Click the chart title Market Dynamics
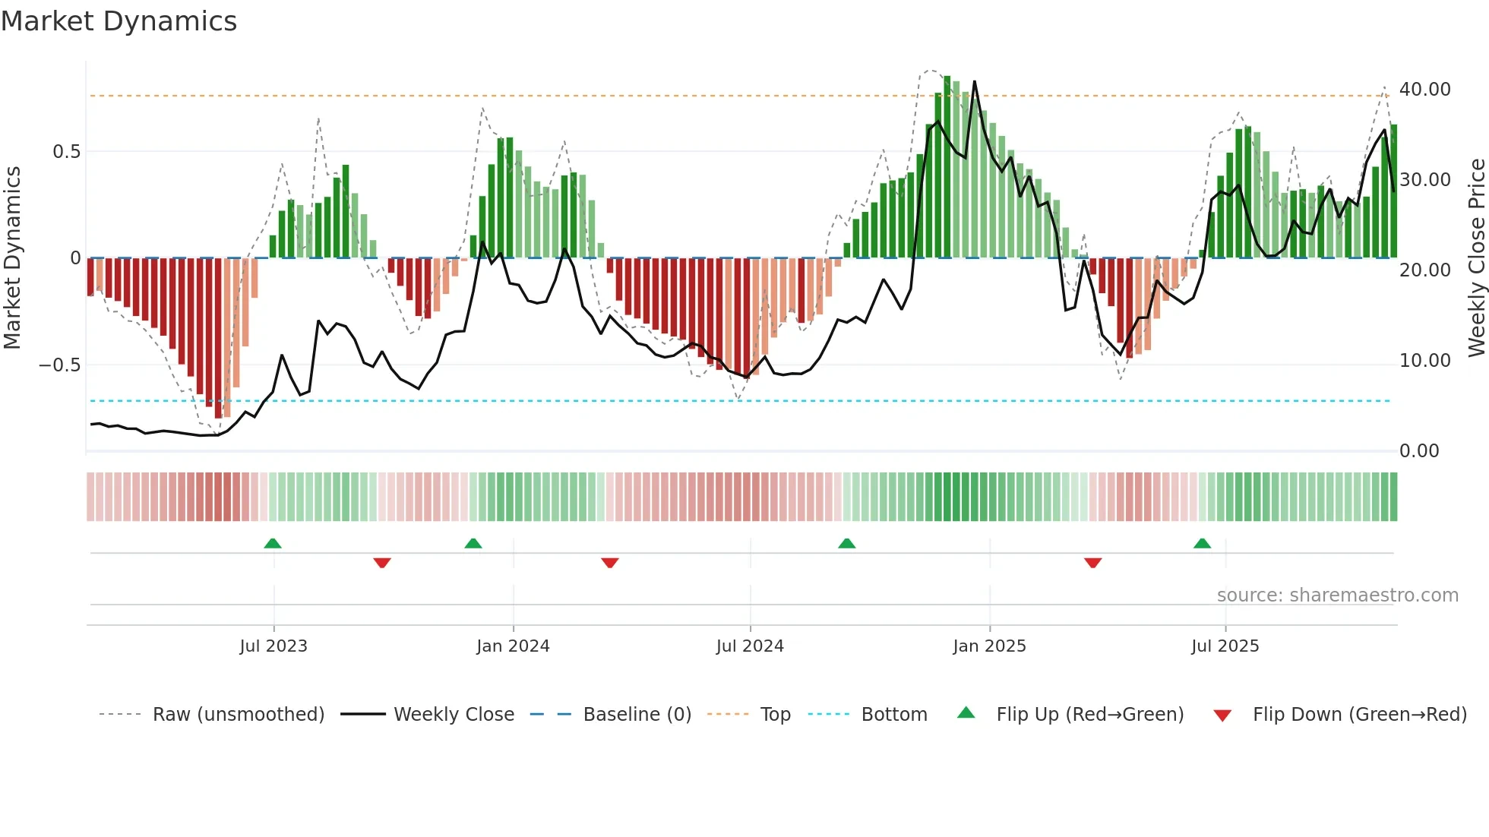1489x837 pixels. (119, 21)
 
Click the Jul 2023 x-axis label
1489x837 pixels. (273, 646)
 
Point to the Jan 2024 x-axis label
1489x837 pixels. (513, 646)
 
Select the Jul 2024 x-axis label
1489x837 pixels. (750, 646)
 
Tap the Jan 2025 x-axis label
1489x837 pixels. (989, 646)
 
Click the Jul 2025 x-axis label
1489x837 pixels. (1225, 646)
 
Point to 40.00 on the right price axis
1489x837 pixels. (1424, 90)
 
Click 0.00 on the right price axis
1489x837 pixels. (1419, 451)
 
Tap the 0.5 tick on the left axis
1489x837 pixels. (66, 152)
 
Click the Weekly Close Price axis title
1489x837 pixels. (1476, 258)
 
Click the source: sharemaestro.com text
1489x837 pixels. (1337, 595)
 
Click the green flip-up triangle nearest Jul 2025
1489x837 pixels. (1202, 543)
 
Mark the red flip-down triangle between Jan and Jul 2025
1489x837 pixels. (1092, 563)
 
